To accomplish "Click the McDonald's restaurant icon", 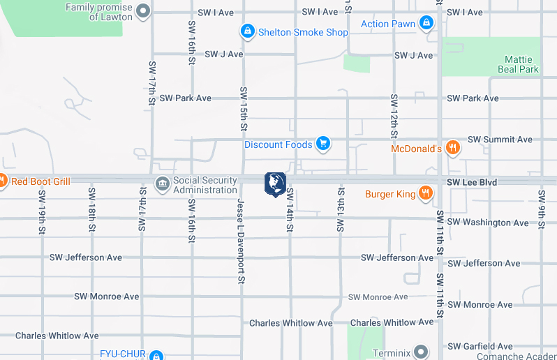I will (x=452, y=147).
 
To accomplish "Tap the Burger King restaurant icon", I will (x=425, y=193).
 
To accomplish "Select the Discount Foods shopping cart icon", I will (x=322, y=144).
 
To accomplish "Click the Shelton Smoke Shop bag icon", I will (x=247, y=31).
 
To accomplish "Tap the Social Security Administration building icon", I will (x=162, y=184).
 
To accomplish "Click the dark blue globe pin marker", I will (x=276, y=183).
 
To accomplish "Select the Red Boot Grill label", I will (x=40, y=181).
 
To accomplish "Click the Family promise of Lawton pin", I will (x=144, y=10).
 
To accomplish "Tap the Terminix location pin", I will (x=421, y=352).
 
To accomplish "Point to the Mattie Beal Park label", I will (x=518, y=65).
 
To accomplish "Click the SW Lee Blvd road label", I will (x=472, y=182).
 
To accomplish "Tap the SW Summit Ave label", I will (x=500, y=140).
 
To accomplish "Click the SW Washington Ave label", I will (x=488, y=223).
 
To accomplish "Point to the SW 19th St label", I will (x=42, y=211).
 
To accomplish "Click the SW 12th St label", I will (x=394, y=115).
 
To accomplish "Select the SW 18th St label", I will (x=91, y=209).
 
